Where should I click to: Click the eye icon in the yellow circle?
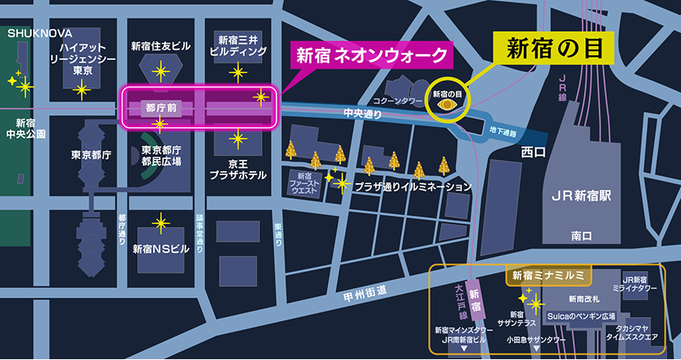point(446,105)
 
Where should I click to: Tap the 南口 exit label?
point(581,236)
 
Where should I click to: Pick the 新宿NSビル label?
point(161,249)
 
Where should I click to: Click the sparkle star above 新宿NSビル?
point(161,221)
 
